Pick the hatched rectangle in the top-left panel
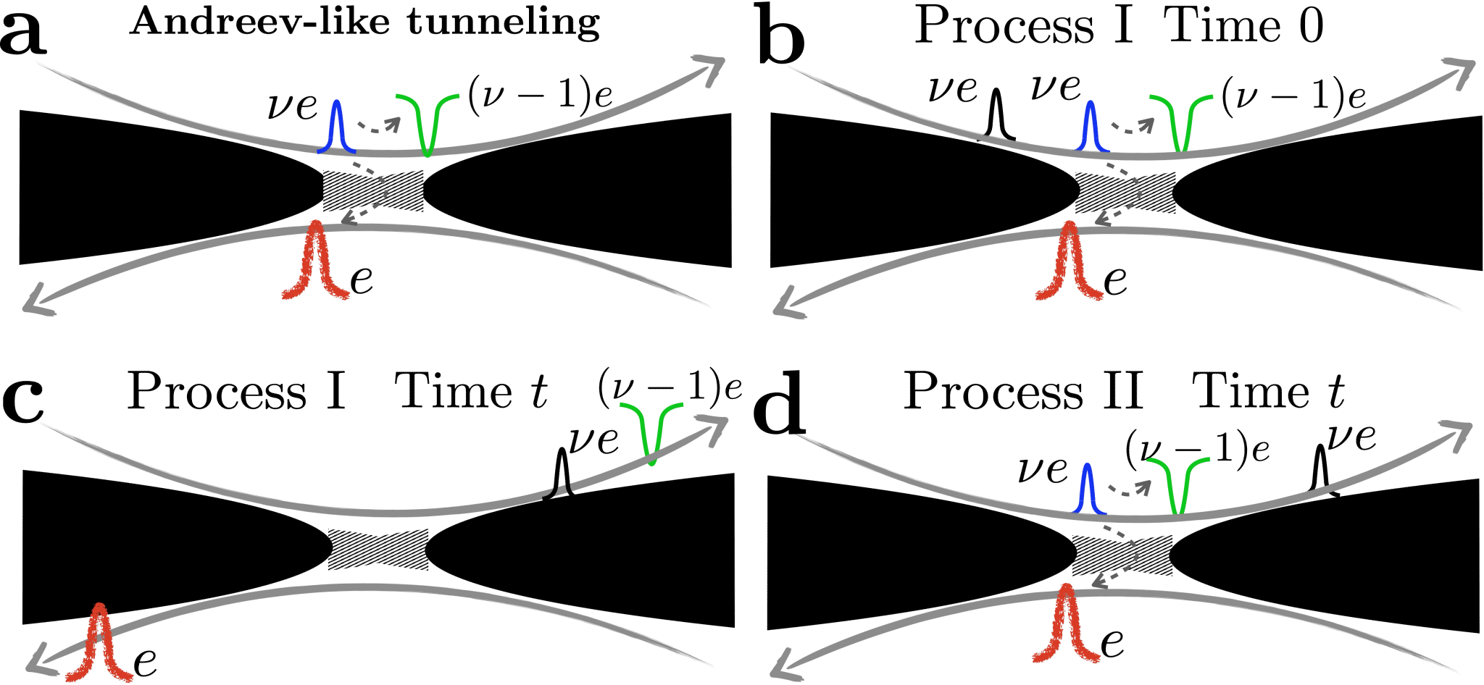pyautogui.click(x=372, y=191)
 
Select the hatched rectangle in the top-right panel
pyautogui.click(x=1125, y=193)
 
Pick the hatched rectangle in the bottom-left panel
pyautogui.click(x=378, y=550)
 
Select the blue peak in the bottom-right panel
pyautogui.click(x=1087, y=489)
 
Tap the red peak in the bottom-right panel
pyautogui.click(x=1065, y=623)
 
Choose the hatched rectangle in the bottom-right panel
pyautogui.click(x=1122, y=555)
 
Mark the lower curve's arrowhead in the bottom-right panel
pyautogui.click(x=783, y=670)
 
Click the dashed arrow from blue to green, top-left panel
pyautogui.click(x=378, y=126)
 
